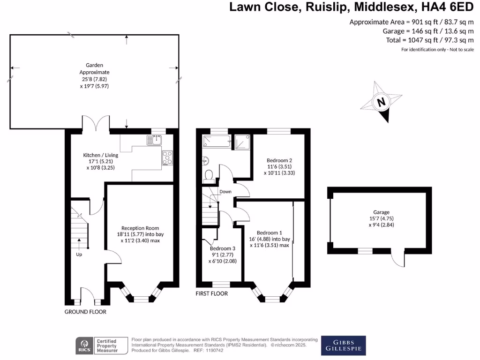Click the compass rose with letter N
pos(382,102)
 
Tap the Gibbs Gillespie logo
pos(344,345)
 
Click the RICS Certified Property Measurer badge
pos(102,346)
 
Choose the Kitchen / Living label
pos(100,155)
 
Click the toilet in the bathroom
pos(209,175)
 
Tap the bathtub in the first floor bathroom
pos(216,141)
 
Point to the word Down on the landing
pos(225,191)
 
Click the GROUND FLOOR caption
pos(85,312)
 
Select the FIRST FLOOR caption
pos(212,293)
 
